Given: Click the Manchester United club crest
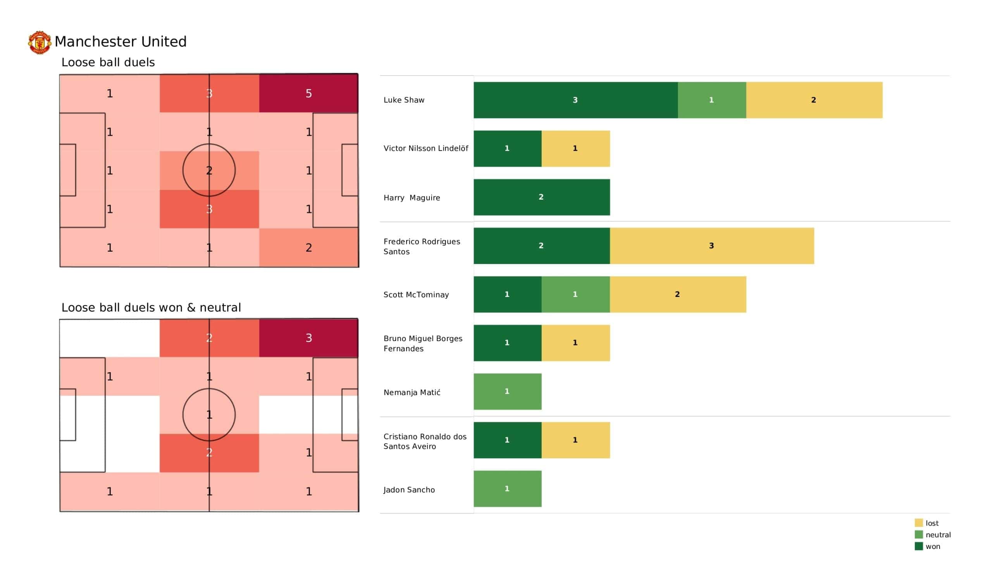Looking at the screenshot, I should [40, 42].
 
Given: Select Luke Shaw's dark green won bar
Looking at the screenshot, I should [575, 100].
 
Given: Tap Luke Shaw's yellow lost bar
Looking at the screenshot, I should [814, 100].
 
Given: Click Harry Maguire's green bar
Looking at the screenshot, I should [541, 197].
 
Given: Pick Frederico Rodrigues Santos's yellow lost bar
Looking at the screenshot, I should [711, 245].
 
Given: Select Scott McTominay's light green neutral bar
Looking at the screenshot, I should [575, 294].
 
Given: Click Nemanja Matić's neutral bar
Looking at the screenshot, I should [507, 391].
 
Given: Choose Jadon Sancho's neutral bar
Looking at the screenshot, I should [507, 488].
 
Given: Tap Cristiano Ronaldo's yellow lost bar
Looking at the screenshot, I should [575, 440].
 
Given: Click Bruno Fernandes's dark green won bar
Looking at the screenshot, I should [507, 343].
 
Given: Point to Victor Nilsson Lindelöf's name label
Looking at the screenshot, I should [425, 148].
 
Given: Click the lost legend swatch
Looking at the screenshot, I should [919, 523].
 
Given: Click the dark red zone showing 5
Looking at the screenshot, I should [308, 93].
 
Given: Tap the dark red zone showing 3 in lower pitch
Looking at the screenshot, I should [308, 338].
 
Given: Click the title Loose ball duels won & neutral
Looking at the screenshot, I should [151, 307].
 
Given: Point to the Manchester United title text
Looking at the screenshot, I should [121, 41].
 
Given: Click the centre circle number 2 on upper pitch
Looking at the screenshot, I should [209, 170].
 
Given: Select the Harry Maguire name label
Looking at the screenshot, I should [412, 198].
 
